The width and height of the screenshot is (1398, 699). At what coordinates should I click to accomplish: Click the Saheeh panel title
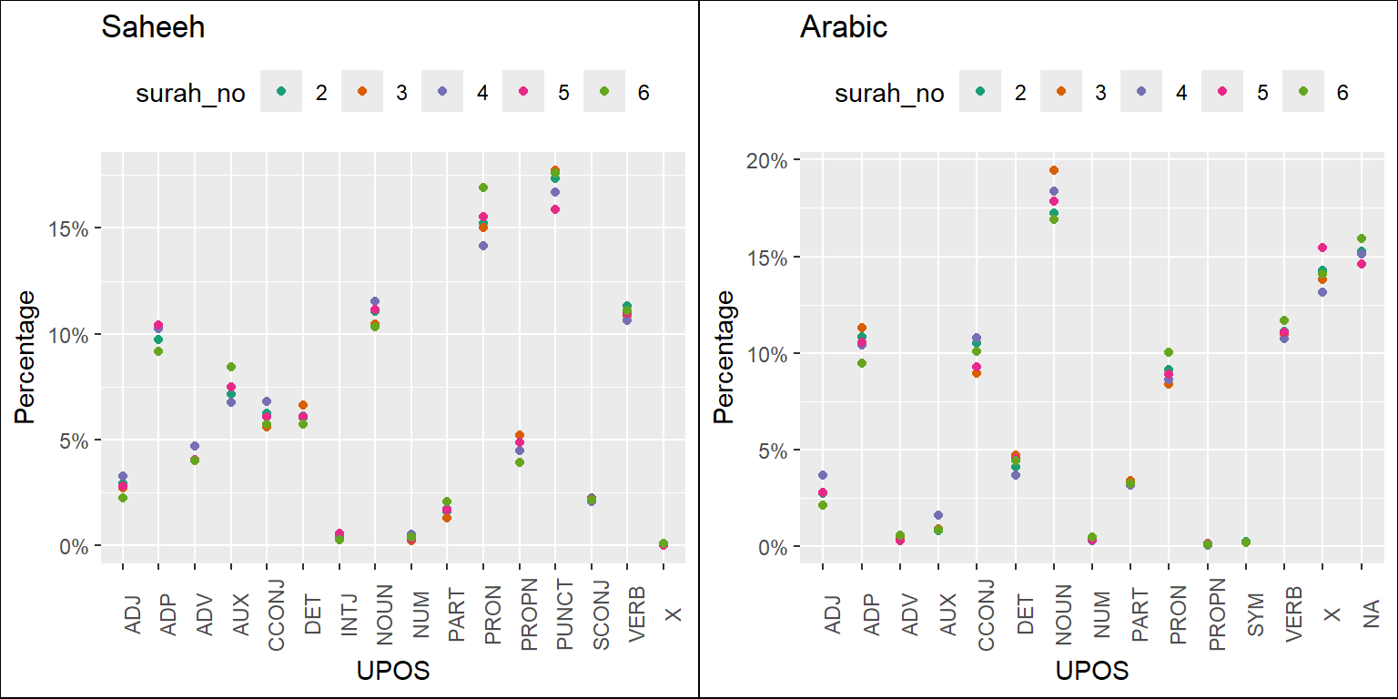[x=153, y=28]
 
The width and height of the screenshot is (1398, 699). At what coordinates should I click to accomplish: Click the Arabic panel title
[x=843, y=28]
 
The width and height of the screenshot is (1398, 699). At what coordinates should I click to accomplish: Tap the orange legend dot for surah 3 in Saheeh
[x=361, y=91]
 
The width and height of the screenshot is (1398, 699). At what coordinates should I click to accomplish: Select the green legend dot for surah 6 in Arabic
[x=1302, y=92]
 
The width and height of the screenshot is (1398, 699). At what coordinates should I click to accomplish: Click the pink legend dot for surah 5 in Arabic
[x=1221, y=92]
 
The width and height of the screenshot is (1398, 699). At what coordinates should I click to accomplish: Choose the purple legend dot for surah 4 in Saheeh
[x=441, y=91]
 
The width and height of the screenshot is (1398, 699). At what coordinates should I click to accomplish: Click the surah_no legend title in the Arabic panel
[x=889, y=93]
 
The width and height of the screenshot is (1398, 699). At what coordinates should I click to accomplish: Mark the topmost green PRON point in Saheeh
[x=483, y=187]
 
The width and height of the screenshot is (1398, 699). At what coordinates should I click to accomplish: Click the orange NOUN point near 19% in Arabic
[x=1054, y=170]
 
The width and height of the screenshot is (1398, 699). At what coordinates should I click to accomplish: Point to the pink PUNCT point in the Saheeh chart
[x=555, y=209]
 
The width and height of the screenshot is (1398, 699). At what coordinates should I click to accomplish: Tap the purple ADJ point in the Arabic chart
[x=823, y=475]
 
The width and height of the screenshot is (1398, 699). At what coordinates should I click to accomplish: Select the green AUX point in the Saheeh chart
[x=231, y=367]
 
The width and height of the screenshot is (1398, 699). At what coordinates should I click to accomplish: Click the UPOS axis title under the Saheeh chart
[x=393, y=671]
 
